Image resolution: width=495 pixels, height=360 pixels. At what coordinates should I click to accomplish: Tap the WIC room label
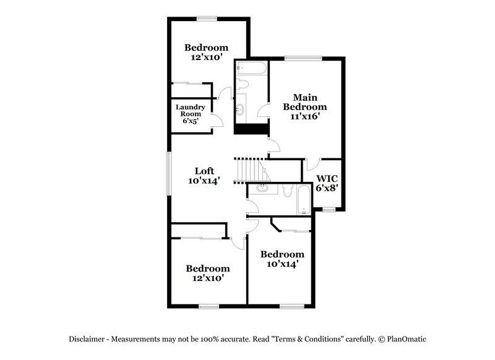click(x=326, y=179)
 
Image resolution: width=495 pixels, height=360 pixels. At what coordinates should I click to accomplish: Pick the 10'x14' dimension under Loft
click(x=204, y=181)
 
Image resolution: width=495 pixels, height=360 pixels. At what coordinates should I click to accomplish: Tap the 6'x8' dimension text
click(x=327, y=188)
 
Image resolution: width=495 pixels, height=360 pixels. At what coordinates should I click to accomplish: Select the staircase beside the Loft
click(x=248, y=168)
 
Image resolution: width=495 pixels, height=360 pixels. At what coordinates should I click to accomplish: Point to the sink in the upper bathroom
click(x=239, y=110)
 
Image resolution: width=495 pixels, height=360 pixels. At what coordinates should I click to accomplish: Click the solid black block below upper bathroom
click(x=251, y=129)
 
